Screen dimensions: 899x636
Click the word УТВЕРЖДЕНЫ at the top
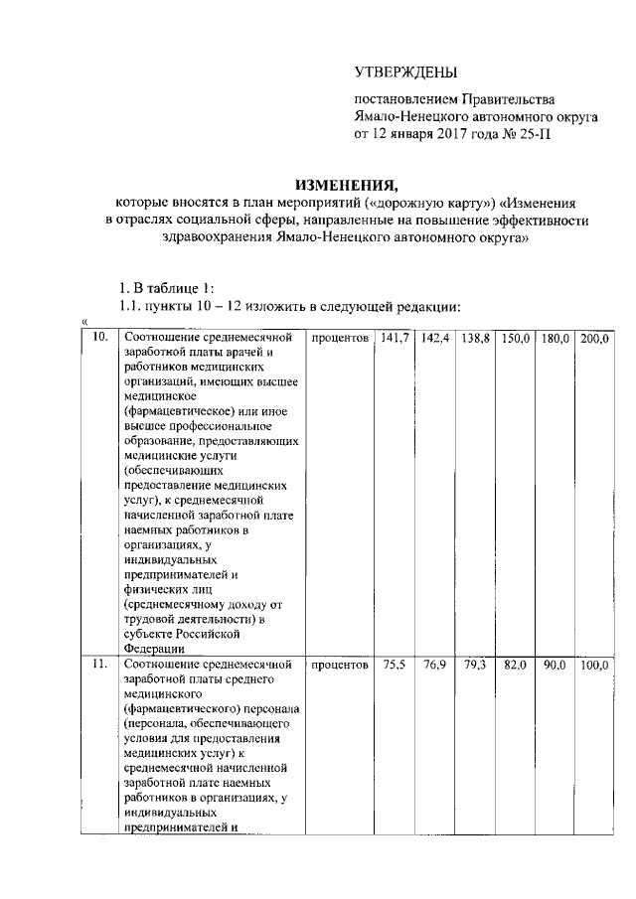coord(406,72)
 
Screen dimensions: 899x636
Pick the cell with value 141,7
coord(395,340)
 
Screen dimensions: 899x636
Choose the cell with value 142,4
coord(435,340)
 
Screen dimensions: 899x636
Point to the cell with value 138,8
coord(476,340)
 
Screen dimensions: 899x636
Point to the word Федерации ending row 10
coord(154,649)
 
